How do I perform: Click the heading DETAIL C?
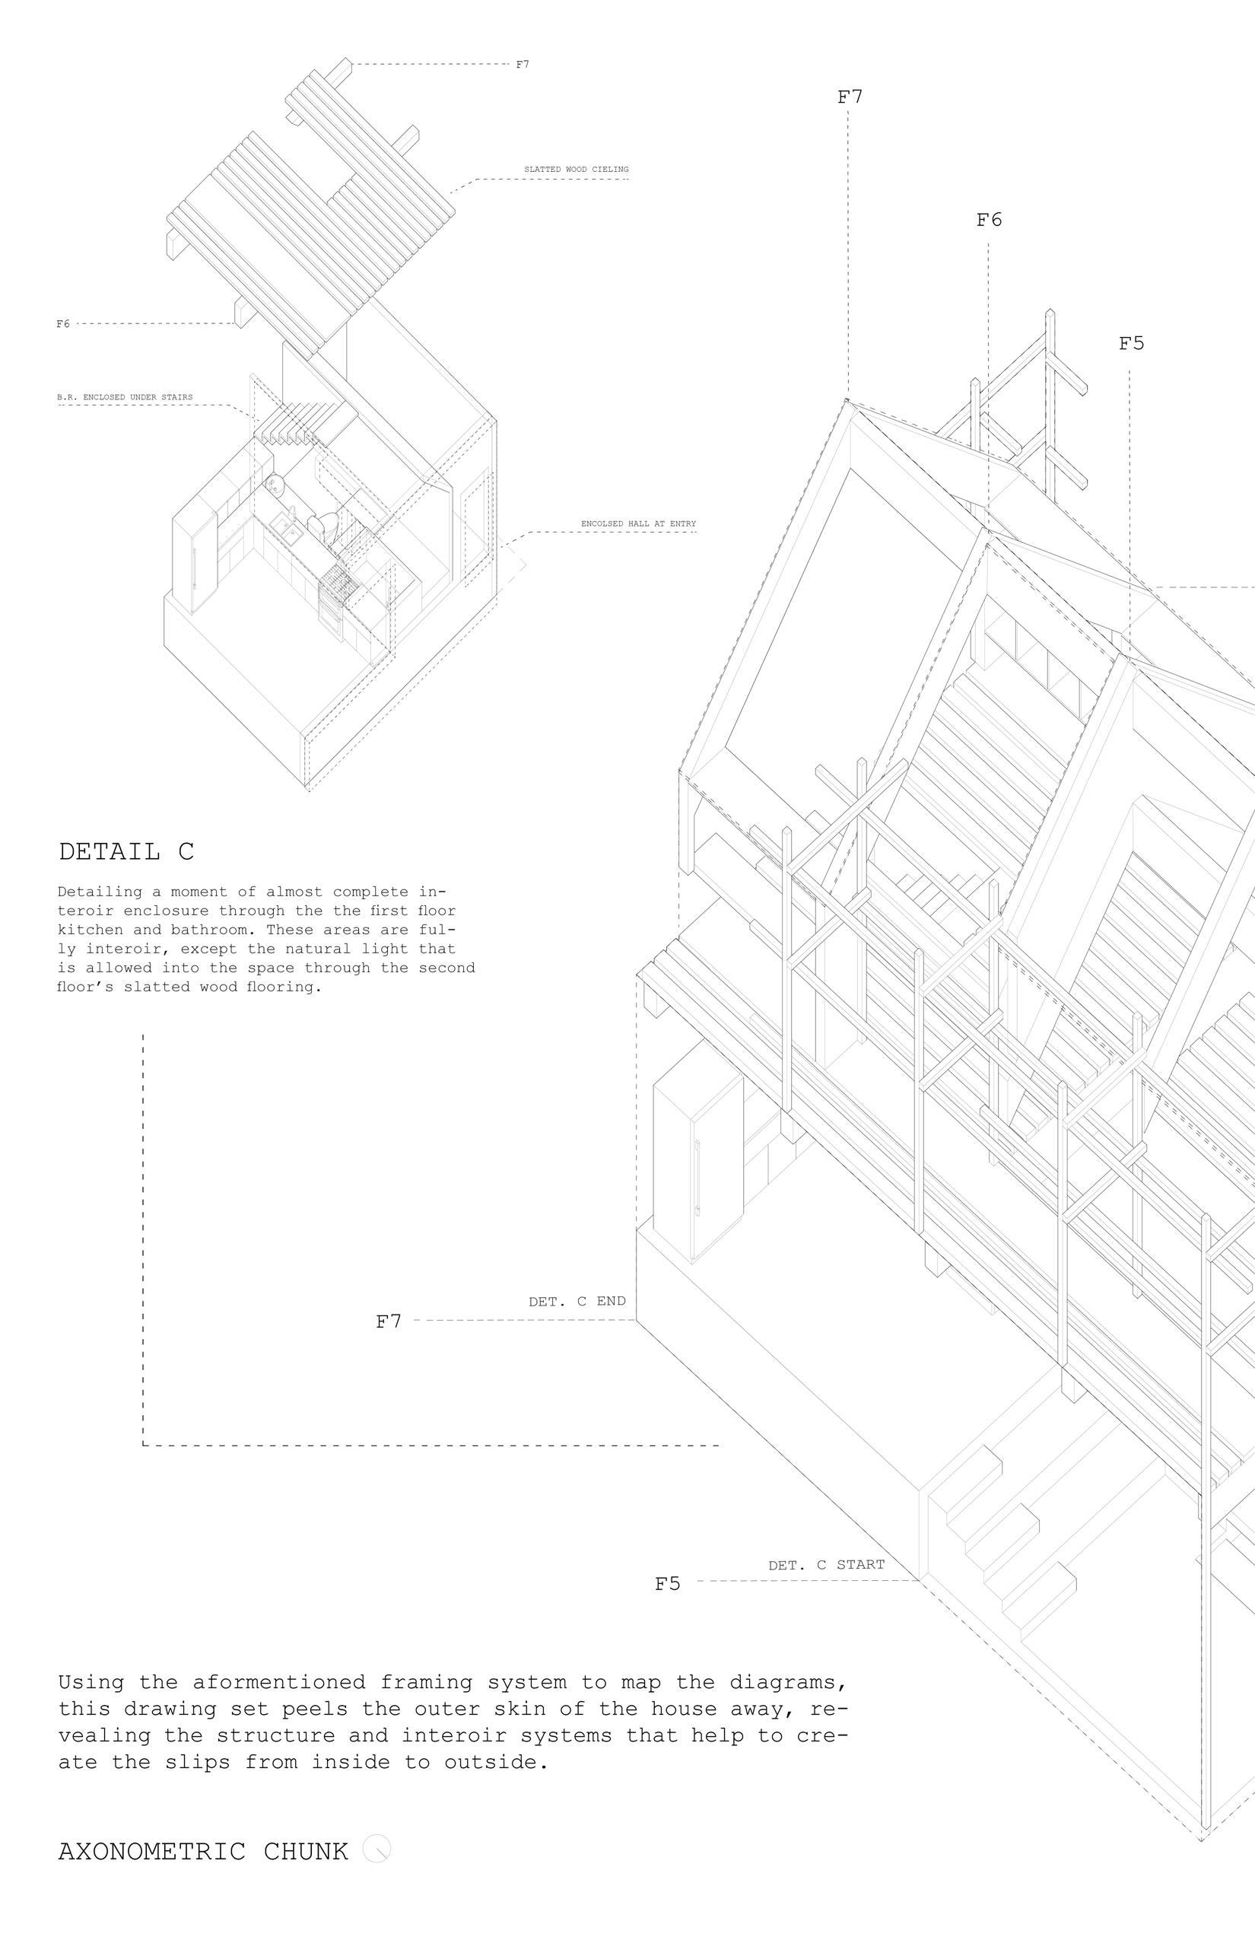click(126, 852)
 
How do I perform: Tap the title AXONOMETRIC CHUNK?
click(203, 1851)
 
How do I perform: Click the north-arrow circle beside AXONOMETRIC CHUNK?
click(376, 1849)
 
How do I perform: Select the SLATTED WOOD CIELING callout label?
click(577, 170)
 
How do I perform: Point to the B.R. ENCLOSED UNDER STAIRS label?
click(125, 398)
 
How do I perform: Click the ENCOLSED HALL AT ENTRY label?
click(638, 524)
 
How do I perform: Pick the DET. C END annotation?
click(577, 1302)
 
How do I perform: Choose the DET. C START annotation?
click(825, 1565)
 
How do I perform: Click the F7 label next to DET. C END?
click(389, 1322)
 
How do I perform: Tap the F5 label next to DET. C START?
click(668, 1584)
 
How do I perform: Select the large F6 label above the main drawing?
click(989, 220)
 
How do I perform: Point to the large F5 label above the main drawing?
click(1131, 344)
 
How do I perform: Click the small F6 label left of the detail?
click(62, 324)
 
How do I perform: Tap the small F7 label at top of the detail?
click(523, 65)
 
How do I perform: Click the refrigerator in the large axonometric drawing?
click(699, 1157)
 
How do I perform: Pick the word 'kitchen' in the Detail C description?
click(91, 930)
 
